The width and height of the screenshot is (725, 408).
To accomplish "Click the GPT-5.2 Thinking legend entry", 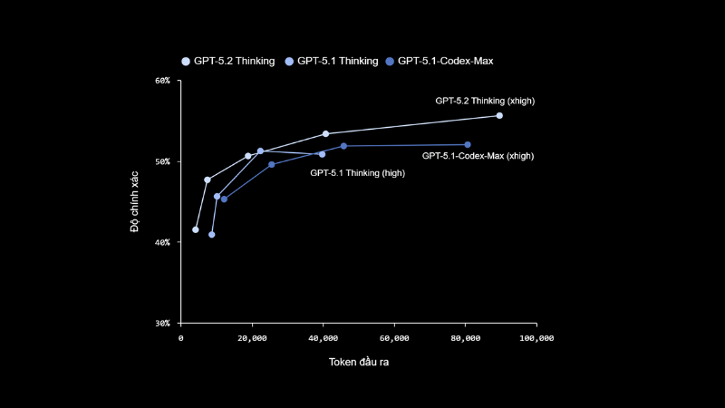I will (x=228, y=61).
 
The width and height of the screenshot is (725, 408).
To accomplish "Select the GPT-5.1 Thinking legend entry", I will (x=332, y=61).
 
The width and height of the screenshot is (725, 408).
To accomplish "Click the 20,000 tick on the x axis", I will (x=252, y=338).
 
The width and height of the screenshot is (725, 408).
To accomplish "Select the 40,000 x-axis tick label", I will (x=323, y=338).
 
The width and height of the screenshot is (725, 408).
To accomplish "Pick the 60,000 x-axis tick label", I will (x=394, y=338).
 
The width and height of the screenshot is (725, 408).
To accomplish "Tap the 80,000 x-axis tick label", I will (x=465, y=338).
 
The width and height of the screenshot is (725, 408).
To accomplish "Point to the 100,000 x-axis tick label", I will (x=536, y=338).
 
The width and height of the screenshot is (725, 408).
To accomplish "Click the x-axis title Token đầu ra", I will (x=359, y=363).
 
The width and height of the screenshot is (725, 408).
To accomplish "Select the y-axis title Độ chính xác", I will (x=135, y=201).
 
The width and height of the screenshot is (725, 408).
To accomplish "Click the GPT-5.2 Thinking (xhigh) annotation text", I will (x=485, y=101).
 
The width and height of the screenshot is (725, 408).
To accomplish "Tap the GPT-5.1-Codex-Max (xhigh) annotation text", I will (x=478, y=156).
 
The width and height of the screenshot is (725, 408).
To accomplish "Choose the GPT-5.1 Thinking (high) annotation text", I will (x=357, y=172).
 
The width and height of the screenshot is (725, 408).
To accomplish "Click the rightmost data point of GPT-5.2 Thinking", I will (x=499, y=116).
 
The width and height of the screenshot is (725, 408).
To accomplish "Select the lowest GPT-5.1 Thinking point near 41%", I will (x=212, y=235).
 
